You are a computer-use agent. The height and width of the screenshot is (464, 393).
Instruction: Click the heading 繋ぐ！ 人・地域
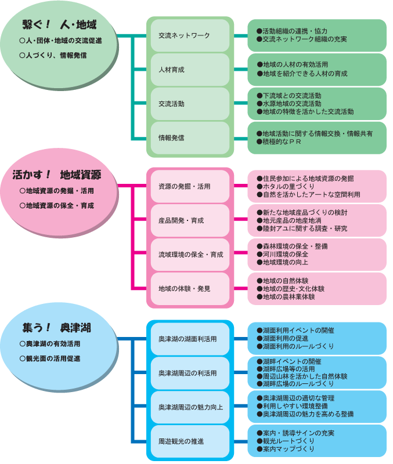(59, 25)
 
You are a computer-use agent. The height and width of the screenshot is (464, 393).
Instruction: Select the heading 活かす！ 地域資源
(56, 175)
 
